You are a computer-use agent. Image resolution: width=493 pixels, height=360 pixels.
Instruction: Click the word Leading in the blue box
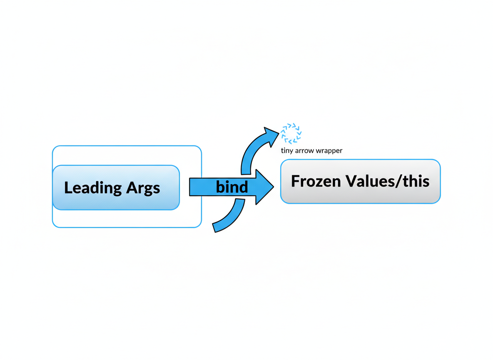tap(93, 188)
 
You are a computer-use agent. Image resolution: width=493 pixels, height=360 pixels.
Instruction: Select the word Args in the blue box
tap(143, 188)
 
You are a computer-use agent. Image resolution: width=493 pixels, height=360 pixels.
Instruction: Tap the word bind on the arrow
tap(232, 187)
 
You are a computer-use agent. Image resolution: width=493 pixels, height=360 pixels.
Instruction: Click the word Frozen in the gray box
tap(316, 181)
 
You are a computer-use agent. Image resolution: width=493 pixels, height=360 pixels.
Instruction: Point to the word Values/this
tap(387, 181)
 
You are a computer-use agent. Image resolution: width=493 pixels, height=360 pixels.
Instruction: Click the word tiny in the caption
tap(287, 151)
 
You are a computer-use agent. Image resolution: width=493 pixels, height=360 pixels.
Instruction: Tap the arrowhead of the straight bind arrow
tap(264, 187)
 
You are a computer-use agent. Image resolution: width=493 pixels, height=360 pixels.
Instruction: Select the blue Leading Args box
tap(116, 187)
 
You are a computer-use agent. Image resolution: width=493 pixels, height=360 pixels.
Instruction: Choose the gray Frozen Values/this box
tap(360, 182)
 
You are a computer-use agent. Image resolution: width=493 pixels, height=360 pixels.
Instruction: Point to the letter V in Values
tap(351, 181)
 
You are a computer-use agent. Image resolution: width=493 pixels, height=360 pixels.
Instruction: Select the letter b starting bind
tap(220, 187)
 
